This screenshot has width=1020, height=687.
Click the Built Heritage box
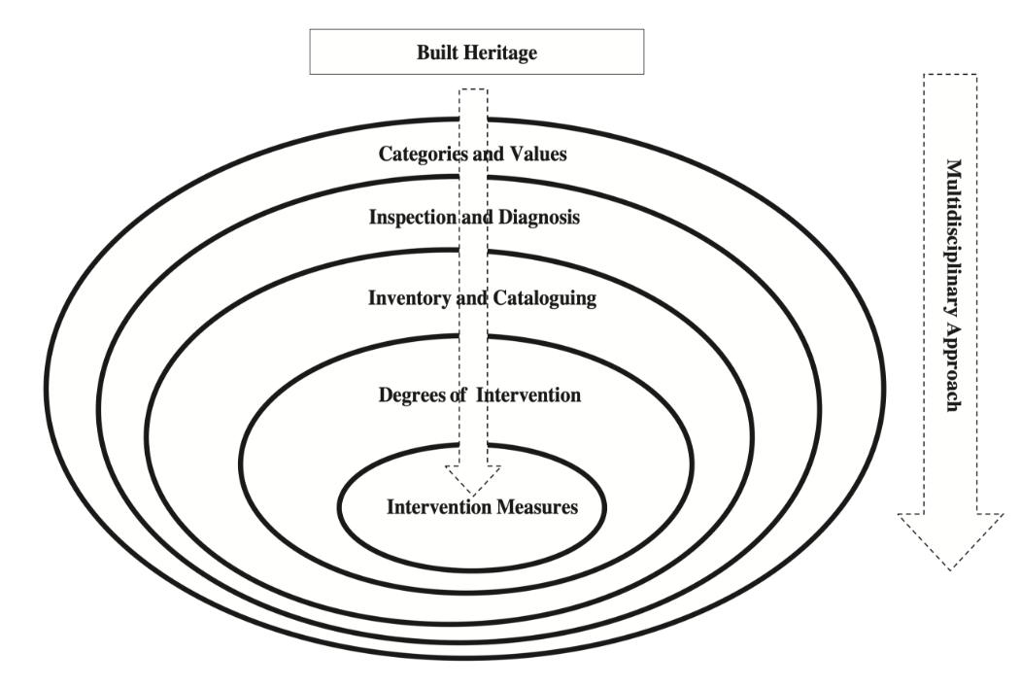pyautogui.click(x=476, y=52)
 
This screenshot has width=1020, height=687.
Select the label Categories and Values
pyautogui.click(x=473, y=154)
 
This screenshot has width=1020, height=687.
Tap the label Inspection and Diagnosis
pyautogui.click(x=474, y=218)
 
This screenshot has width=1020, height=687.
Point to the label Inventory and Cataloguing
pyautogui.click(x=482, y=298)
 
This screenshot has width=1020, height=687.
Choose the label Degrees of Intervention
pyautogui.click(x=478, y=395)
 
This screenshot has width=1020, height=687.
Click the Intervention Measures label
pyautogui.click(x=483, y=506)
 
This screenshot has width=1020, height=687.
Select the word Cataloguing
pyautogui.click(x=547, y=298)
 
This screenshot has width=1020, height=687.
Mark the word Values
pyautogui.click(x=541, y=154)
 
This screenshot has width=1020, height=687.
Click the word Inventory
pyautogui.click(x=407, y=298)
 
